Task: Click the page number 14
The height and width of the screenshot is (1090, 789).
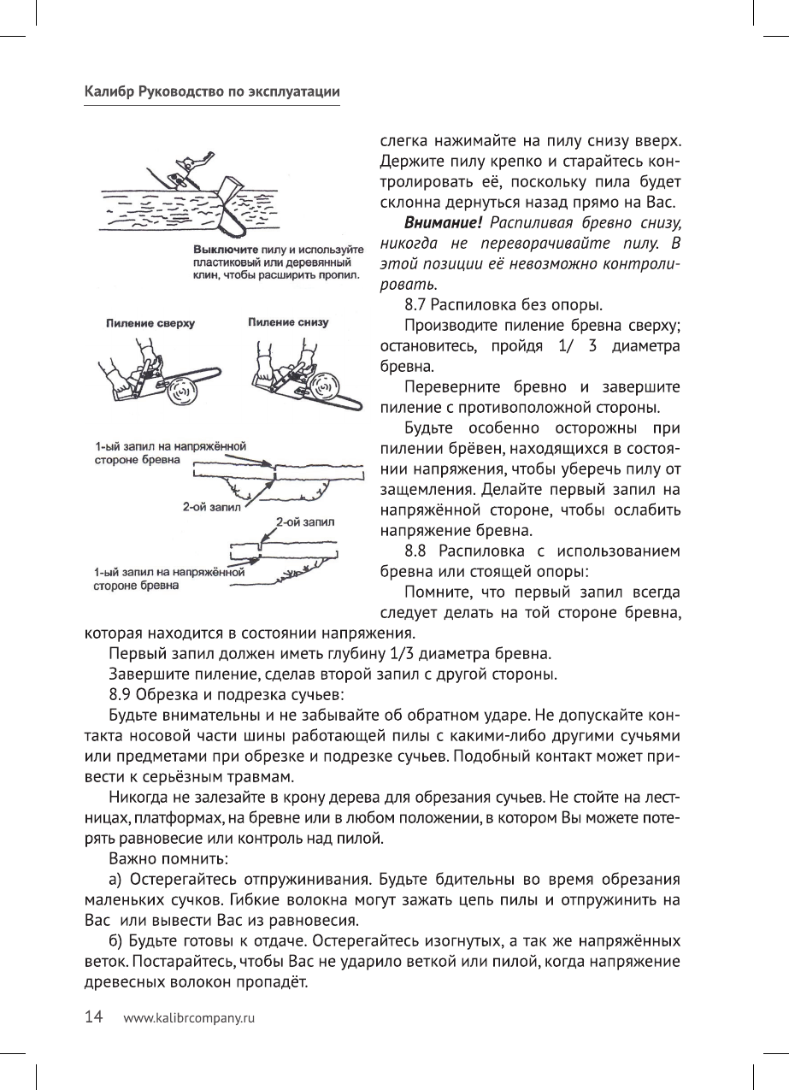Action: click(x=93, y=1017)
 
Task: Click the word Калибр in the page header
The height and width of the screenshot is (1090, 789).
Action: click(x=108, y=91)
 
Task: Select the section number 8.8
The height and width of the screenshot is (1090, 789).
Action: click(x=417, y=552)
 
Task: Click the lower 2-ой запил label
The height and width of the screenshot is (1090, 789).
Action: click(x=304, y=520)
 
